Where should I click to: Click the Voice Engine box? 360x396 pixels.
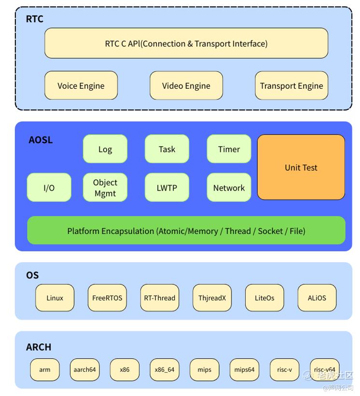click(x=81, y=86)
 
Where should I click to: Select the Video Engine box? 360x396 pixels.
click(x=186, y=86)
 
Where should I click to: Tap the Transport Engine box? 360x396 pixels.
click(x=291, y=86)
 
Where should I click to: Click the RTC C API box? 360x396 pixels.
click(x=186, y=43)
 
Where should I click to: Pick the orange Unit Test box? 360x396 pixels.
click(x=301, y=167)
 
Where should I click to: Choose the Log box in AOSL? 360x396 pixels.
click(x=105, y=149)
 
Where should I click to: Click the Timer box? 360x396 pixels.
click(x=229, y=149)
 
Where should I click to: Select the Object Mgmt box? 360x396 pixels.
click(x=105, y=188)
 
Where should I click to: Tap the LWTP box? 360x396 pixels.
click(x=167, y=188)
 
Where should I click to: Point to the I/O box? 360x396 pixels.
click(x=49, y=188)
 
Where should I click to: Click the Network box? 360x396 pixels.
click(x=229, y=188)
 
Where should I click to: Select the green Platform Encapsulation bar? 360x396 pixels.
click(x=186, y=231)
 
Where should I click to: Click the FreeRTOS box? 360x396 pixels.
click(x=107, y=298)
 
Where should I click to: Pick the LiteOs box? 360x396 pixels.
click(x=264, y=298)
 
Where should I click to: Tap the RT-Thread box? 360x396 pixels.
click(x=160, y=298)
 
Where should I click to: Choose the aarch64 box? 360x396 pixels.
click(x=84, y=370)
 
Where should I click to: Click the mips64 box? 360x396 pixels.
click(x=245, y=370)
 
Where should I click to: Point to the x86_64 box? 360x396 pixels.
click(x=165, y=370)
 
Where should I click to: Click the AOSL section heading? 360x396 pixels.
click(x=41, y=140)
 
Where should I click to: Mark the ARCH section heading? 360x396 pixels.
click(x=39, y=347)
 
